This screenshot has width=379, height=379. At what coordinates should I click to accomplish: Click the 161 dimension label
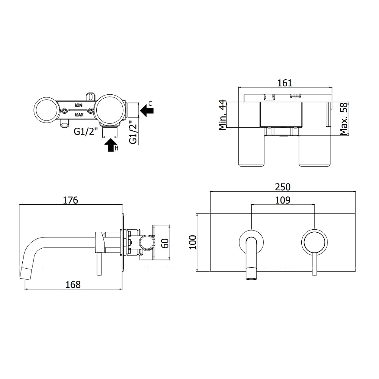285,83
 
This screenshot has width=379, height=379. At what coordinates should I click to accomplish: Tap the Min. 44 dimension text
222,115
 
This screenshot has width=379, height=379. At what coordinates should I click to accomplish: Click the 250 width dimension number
283,187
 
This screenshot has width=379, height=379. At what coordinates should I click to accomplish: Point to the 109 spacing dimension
283,200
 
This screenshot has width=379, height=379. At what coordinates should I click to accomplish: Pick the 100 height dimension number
193,242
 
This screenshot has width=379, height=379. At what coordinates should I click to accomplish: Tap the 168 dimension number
73,285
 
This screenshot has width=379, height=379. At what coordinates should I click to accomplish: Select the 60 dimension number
165,243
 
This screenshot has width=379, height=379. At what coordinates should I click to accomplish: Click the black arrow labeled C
147,111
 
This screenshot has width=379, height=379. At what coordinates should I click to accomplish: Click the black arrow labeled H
111,145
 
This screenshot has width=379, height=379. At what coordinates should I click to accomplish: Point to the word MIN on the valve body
78,105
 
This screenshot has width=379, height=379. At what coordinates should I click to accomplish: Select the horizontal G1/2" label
86,132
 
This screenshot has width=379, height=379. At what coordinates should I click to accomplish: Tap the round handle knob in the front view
315,242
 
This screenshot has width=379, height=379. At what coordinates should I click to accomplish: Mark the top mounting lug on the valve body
91,96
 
